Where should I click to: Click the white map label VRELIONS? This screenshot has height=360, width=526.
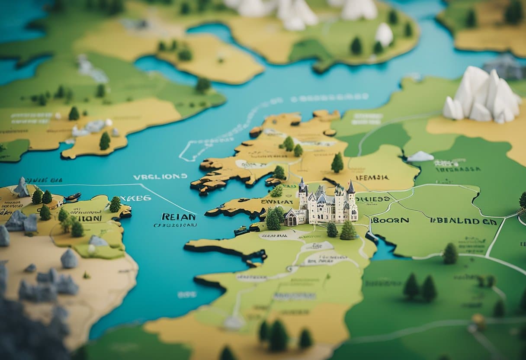click(160, 177)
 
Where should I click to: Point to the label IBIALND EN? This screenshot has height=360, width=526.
click(463, 221)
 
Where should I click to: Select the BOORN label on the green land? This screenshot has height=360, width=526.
click(390, 220)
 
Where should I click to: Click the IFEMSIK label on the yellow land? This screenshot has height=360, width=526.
click(372, 177)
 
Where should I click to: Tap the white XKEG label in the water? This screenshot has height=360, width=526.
click(135, 198)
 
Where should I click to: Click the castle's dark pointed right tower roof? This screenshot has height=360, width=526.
click(351, 187)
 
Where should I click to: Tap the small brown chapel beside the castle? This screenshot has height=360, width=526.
click(296, 217)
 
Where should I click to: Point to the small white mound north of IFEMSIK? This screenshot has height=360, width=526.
click(420, 157)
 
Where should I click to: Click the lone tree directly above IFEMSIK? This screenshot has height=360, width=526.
click(337, 163)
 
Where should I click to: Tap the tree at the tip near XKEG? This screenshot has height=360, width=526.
click(115, 204)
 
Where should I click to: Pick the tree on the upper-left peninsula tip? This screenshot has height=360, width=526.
click(105, 141)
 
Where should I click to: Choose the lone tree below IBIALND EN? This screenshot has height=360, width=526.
click(450, 254)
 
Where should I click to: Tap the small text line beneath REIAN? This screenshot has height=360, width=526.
click(175, 225)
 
